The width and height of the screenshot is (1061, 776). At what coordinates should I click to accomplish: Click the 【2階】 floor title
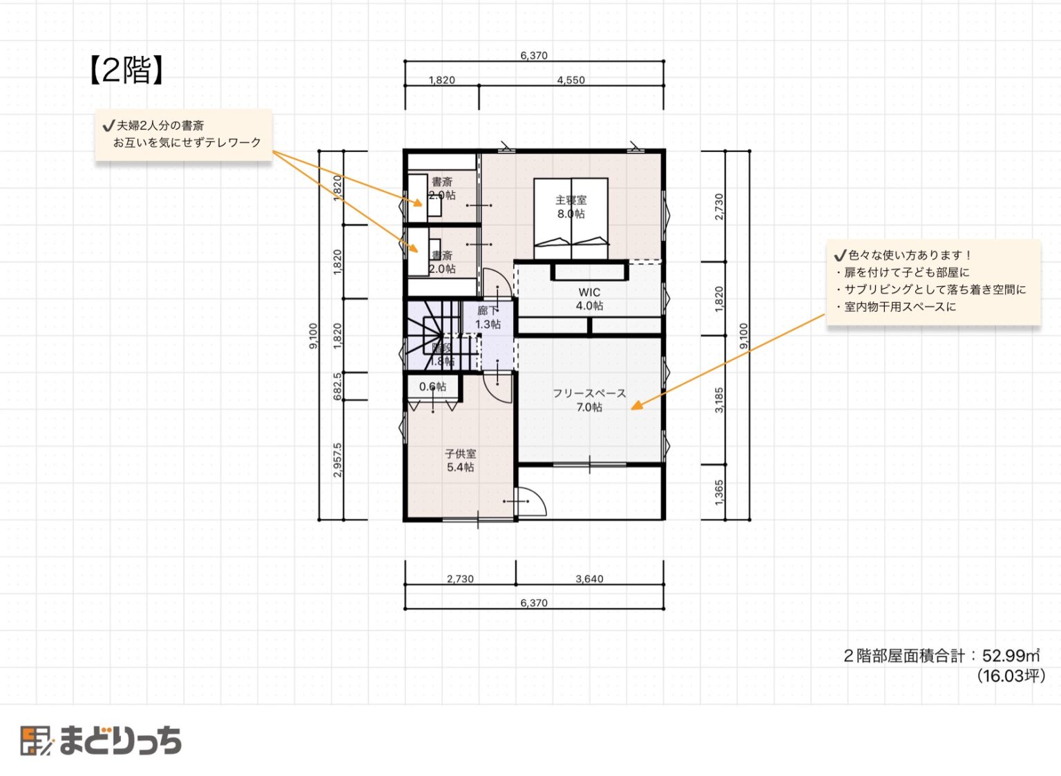tap(126, 70)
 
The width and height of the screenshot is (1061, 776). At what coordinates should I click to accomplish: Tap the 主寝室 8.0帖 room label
tap(571, 207)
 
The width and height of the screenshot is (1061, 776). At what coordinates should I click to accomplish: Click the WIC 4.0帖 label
tap(589, 299)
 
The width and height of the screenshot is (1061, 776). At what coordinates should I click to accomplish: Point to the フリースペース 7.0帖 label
tap(589, 400)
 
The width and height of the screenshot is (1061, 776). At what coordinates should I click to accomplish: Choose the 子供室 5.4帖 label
tap(460, 460)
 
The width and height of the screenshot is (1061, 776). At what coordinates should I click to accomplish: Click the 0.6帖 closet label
tap(432, 386)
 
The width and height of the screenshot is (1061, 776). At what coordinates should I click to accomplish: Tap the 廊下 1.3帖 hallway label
tap(488, 317)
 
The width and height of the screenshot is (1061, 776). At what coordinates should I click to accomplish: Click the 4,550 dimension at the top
tap(571, 80)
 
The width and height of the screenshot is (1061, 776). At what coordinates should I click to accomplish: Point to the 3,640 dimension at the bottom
tap(589, 579)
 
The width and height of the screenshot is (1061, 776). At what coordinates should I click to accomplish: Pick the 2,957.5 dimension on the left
tap(337, 460)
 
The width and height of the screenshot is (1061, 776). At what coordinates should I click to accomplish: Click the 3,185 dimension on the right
tap(719, 400)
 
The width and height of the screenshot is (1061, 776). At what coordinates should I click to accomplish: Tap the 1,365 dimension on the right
tap(719, 492)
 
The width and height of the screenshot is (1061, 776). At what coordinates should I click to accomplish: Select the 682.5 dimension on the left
tap(337, 386)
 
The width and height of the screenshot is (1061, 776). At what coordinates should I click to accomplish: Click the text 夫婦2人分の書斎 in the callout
tap(160, 126)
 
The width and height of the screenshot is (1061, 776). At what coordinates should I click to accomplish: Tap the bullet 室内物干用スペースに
tap(899, 307)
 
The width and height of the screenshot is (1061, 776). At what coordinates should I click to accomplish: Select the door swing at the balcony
tap(532, 502)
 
